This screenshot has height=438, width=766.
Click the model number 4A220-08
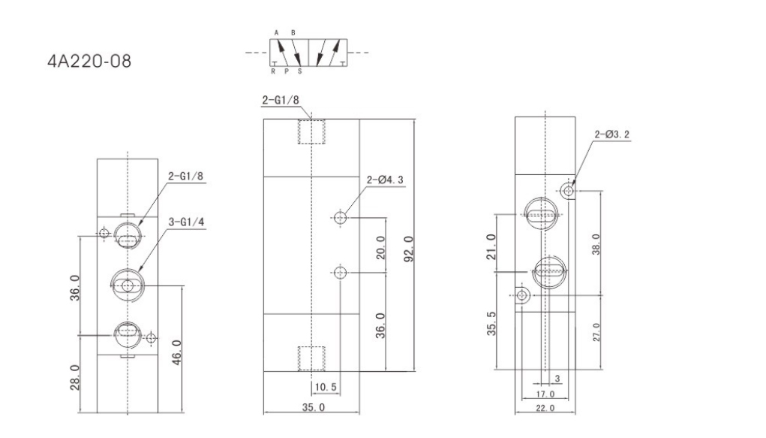[89, 60]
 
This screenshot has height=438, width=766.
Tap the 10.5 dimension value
[323, 388]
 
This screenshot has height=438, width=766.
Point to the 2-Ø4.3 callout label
[386, 180]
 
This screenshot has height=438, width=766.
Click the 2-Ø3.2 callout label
[612, 135]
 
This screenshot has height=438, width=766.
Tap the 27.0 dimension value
[596, 331]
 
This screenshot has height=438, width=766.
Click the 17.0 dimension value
[545, 394]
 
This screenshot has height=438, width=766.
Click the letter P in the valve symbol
[287, 72]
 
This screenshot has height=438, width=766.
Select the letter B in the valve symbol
[293, 33]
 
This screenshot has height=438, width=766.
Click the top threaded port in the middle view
[311, 131]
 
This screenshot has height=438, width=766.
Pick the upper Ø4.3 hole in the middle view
[341, 218]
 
